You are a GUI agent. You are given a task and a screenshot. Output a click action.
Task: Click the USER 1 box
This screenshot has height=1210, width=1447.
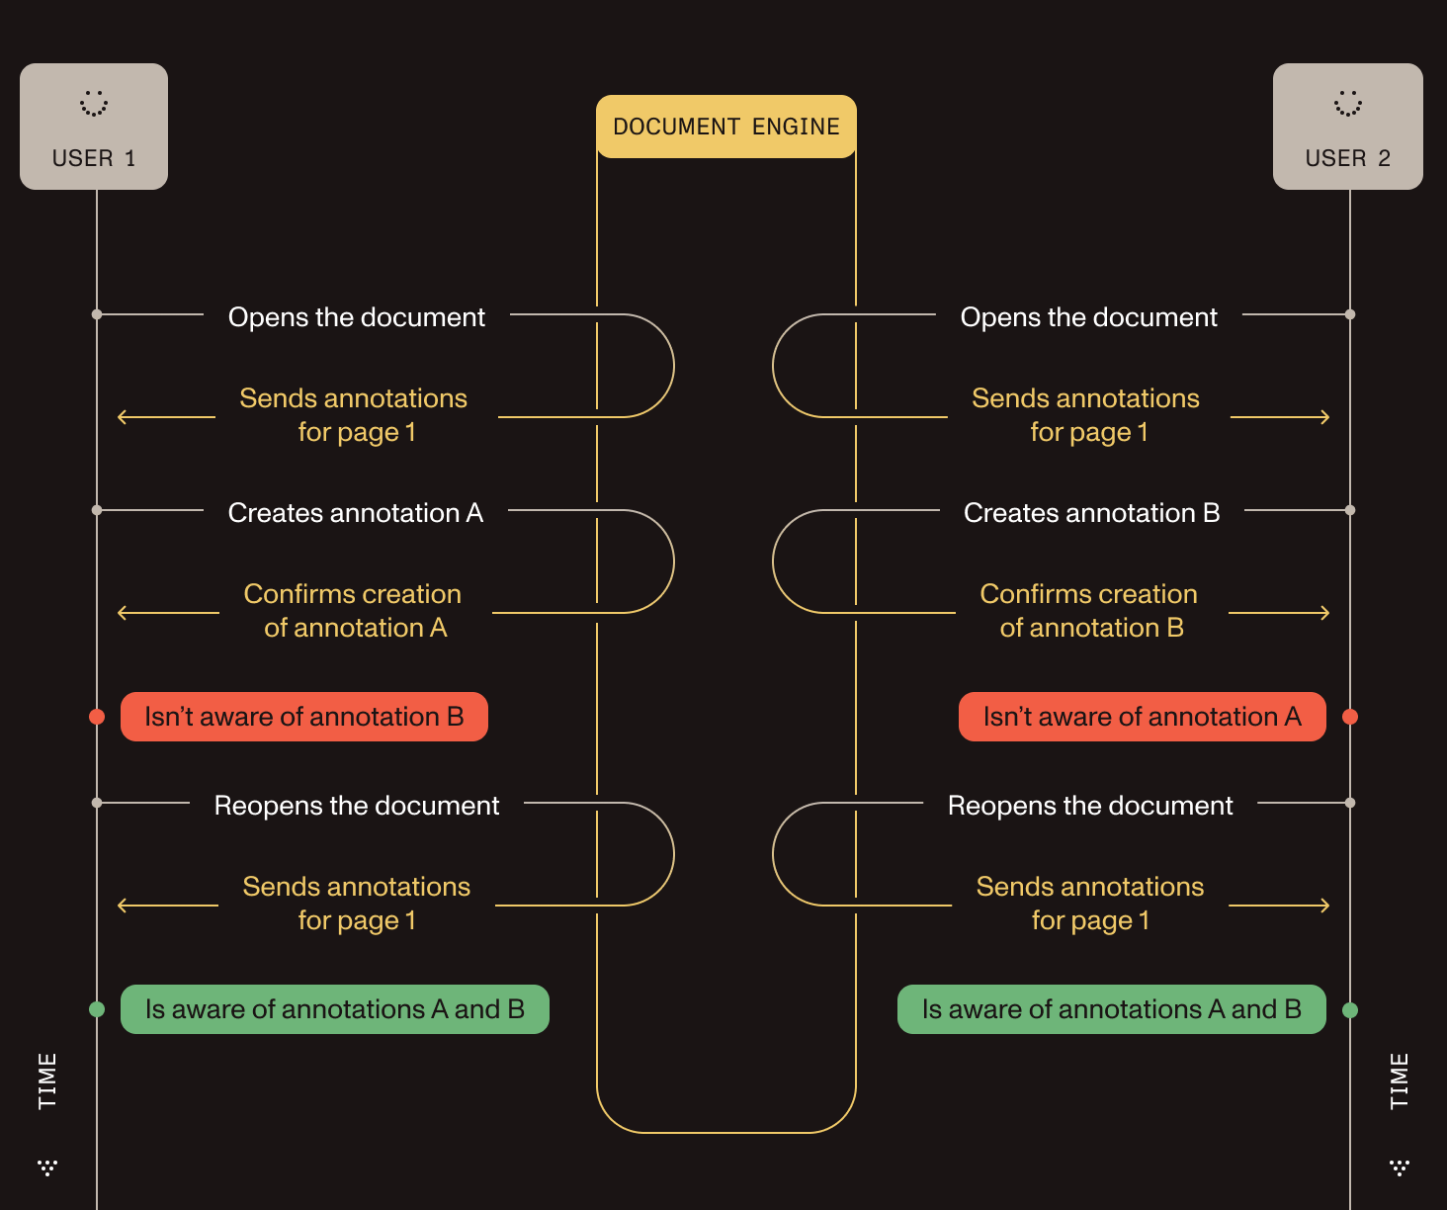coord(94,127)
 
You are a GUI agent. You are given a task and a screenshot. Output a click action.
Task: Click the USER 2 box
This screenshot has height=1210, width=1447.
coord(1347,127)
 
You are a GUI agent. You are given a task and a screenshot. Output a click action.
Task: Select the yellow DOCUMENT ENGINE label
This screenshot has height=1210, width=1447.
coord(726,127)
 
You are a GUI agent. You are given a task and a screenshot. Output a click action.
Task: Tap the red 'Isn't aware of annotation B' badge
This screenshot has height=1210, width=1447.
coord(304,717)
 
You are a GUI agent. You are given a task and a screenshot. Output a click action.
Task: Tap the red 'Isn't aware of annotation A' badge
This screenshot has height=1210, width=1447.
coord(1142,717)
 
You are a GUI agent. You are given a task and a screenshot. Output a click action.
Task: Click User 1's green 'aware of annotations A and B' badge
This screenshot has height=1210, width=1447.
coord(334,1009)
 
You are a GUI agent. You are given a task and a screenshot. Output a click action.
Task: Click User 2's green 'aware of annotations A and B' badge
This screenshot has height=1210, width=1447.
coord(1111,1009)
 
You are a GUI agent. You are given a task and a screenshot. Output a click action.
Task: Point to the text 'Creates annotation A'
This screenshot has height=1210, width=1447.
coord(356,513)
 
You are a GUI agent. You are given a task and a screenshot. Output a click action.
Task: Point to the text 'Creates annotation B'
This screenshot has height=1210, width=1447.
coord(1091,513)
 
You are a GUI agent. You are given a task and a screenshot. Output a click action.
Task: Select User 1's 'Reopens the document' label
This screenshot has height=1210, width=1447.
coord(357,806)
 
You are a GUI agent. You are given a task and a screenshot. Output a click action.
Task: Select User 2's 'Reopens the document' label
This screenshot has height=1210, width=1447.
coord(1090,806)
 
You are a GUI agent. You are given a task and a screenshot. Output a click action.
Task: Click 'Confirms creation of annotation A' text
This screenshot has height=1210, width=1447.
coord(354,611)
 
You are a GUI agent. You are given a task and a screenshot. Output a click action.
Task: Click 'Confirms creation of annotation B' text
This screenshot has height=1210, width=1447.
coord(1090,611)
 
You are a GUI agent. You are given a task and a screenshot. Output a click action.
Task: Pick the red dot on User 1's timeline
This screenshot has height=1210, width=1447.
coord(97,717)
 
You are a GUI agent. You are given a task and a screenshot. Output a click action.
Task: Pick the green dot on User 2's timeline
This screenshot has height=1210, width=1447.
coord(1350,1010)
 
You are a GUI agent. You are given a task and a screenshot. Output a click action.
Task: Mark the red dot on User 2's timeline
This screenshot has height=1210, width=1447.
coord(1350,717)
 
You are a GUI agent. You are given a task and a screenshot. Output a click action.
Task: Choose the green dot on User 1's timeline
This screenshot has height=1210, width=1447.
coord(97,1009)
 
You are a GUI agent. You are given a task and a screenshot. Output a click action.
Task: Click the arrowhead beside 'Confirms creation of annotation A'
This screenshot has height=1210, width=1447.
coord(122,613)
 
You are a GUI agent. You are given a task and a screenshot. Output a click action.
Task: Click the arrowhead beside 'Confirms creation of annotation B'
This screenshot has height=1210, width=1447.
coord(1325,613)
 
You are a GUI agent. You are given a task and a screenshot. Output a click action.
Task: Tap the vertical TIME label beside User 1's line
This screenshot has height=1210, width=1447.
coord(47,1080)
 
